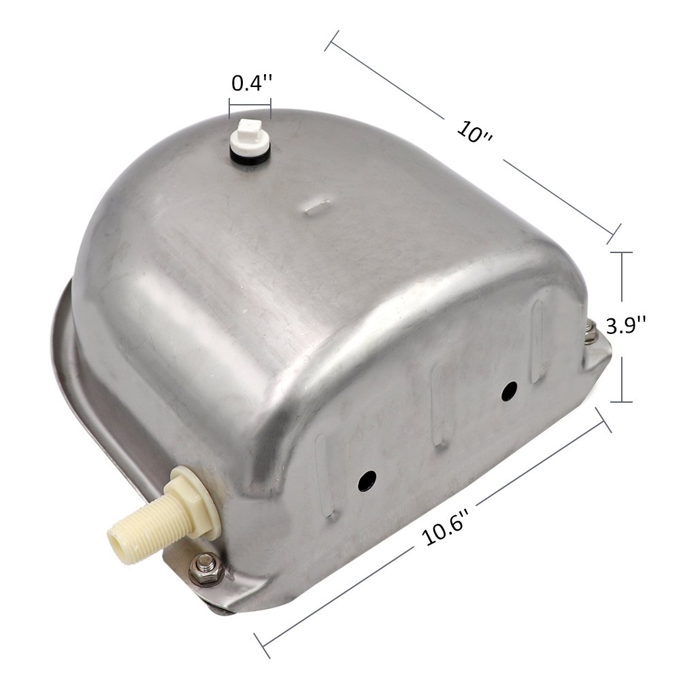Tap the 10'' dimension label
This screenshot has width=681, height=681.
475,131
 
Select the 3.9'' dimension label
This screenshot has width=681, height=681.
626,325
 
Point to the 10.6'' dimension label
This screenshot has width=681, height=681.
446,527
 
